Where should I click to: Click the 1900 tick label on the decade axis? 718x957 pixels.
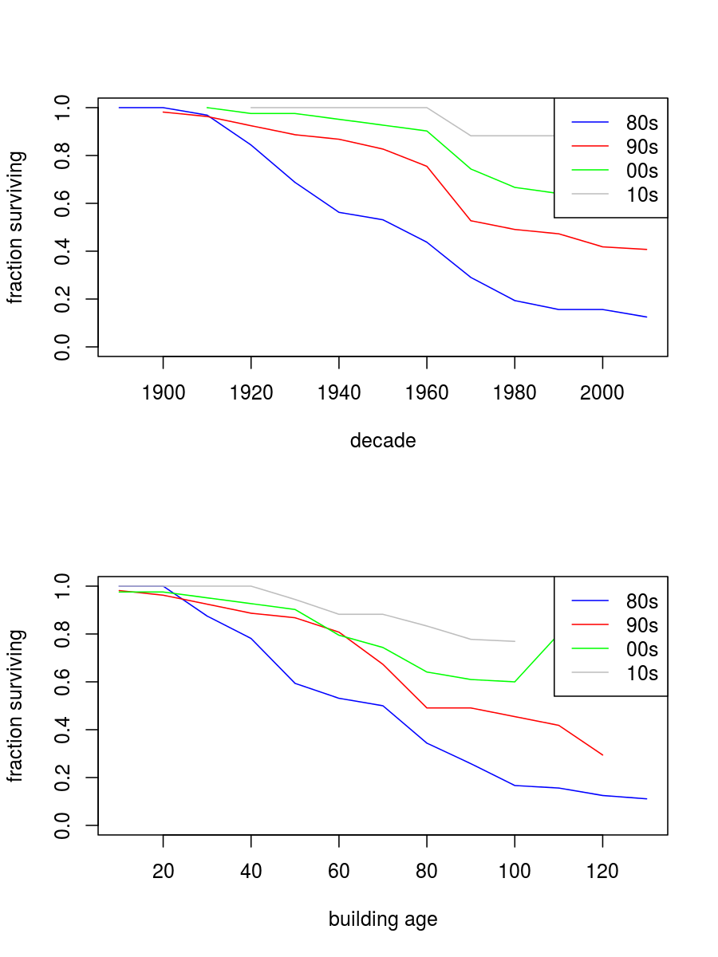(163, 393)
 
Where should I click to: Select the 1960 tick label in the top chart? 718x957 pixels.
(427, 393)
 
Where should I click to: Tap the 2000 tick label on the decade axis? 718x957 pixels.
(602, 393)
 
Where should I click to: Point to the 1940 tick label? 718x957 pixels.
(339, 393)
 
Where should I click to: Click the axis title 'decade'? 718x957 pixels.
(383, 441)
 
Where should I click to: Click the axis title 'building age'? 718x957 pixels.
(383, 920)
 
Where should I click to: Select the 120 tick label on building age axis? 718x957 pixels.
(602, 872)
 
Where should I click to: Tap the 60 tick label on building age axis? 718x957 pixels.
(339, 872)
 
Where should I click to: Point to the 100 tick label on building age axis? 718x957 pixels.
(515, 872)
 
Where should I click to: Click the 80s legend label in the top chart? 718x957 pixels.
(642, 123)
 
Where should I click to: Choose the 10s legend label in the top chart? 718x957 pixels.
(642, 195)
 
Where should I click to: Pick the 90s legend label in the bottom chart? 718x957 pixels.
(642, 625)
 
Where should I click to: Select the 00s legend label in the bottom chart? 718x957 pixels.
(642, 649)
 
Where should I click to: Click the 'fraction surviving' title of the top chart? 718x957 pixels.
(16, 227)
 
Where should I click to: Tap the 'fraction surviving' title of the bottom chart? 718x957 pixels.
(16, 706)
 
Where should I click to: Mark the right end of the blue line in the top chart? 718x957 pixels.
(646, 317)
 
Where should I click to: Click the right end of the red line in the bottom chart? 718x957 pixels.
(602, 754)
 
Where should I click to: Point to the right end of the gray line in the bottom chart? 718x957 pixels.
(515, 641)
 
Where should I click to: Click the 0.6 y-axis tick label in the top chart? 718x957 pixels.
(62, 203)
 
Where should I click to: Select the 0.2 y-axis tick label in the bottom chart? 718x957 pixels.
(62, 778)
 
